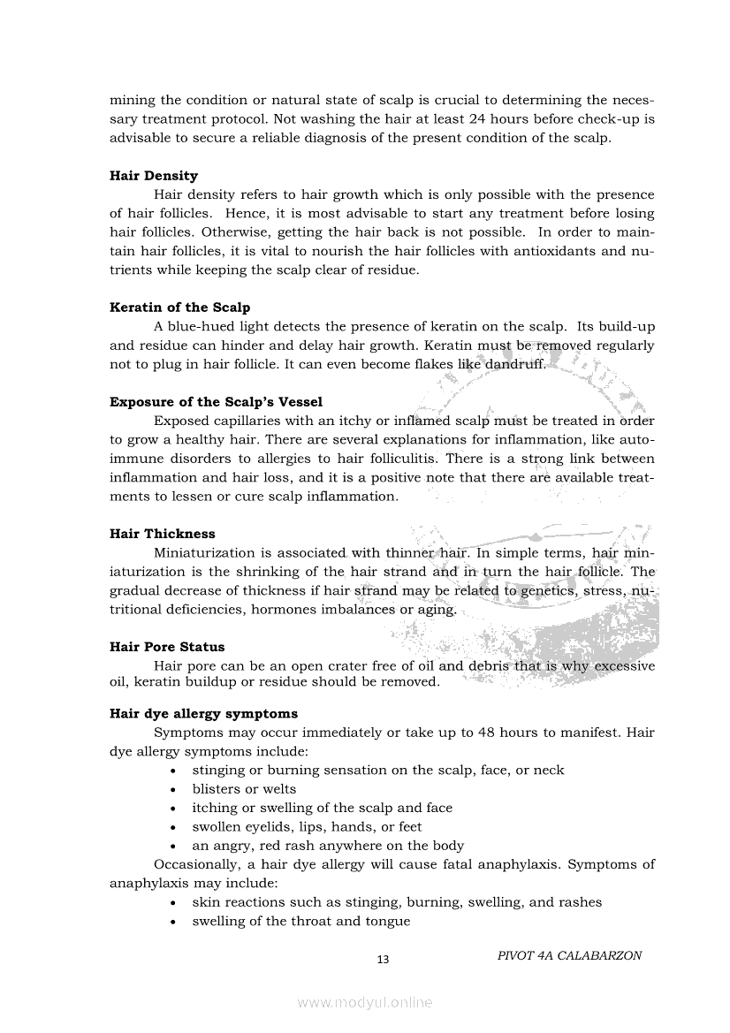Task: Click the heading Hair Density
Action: click(x=154, y=176)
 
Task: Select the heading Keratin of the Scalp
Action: click(x=179, y=308)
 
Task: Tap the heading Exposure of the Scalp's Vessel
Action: click(x=216, y=402)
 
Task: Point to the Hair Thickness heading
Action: click(x=162, y=534)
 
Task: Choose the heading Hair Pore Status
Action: click(x=167, y=647)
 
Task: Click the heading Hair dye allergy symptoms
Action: click(x=203, y=713)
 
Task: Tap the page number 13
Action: click(x=383, y=960)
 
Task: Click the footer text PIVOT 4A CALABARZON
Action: click(x=569, y=955)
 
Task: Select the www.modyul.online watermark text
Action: click(x=365, y=1002)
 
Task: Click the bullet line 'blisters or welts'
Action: click(x=244, y=789)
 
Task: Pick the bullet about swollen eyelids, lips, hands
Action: click(x=307, y=827)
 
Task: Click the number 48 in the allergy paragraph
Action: click(x=487, y=733)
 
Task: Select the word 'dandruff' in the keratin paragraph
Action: click(x=514, y=364)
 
